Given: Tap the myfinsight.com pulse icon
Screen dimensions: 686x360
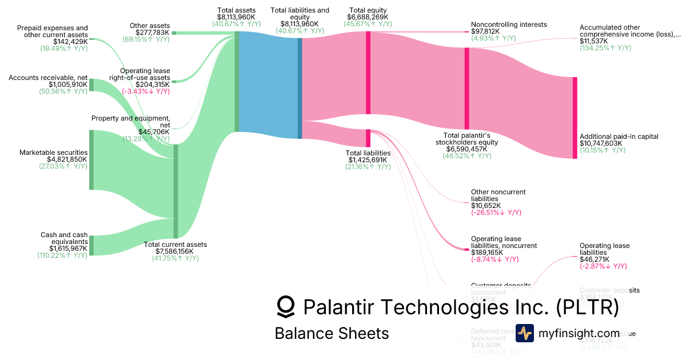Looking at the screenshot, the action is pos(525,333).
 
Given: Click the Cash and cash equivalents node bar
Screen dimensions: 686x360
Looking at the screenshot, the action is pos(91,245).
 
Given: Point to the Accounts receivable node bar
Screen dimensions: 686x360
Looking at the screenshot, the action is pos(91,85).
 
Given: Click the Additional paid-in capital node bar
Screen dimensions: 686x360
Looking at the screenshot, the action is pos(575,118).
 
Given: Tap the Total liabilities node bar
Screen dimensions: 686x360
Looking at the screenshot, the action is pos(368,138).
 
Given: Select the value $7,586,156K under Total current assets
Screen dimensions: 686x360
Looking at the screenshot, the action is pos(174,251).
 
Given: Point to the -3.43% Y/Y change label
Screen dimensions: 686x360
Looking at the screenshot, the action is pos(145,91).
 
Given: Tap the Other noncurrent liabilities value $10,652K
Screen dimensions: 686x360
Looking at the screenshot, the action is pos(486,206).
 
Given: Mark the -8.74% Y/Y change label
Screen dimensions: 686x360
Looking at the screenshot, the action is pos(494,259).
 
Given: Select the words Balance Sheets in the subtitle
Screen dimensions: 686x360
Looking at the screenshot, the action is pos(332,333).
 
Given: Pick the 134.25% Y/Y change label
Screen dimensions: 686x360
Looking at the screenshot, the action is pos(605,48).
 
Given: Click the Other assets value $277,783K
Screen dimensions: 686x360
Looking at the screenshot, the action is pos(152,33).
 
